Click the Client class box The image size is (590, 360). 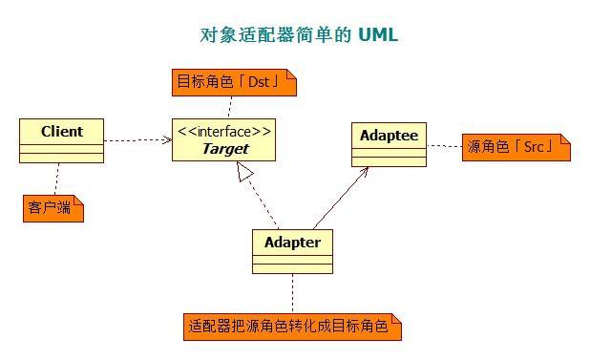click(61, 140)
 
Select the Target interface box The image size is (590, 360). click(224, 139)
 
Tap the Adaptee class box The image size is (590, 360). click(388, 144)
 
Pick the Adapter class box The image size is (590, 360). click(292, 251)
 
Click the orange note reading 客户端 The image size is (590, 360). click(53, 207)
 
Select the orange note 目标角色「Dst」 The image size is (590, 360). click(234, 82)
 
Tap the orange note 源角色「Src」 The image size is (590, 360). click(515, 147)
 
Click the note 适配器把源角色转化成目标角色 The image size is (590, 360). click(292, 327)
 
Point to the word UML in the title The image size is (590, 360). click(378, 35)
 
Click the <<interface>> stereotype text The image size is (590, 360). click(224, 131)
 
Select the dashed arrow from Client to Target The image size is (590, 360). click(137, 140)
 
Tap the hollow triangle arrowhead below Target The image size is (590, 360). click(244, 171)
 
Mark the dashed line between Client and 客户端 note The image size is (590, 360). click(57, 179)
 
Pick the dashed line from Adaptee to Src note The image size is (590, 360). click(444, 146)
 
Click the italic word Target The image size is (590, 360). click(225, 149)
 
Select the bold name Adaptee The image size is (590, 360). click(389, 135)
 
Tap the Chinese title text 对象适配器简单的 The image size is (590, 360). click(275, 35)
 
